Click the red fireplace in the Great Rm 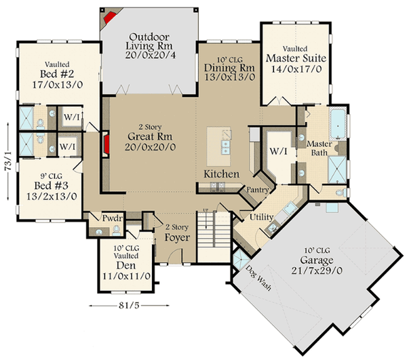tap(106, 144)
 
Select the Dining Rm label tap(229, 68)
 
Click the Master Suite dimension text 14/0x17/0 tap(296, 69)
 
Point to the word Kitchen tap(221, 174)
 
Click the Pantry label tap(258, 190)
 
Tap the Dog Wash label tap(258, 278)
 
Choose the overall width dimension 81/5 tap(129, 306)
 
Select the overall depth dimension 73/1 tap(8, 161)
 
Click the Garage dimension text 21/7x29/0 tap(316, 271)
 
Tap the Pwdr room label tap(112, 218)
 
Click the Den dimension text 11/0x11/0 tap(126, 276)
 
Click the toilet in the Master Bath tap(341, 193)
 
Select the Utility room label tap(261, 217)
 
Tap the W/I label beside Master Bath tap(279, 151)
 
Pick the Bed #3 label tap(51, 186)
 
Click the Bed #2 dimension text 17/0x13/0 tap(58, 85)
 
